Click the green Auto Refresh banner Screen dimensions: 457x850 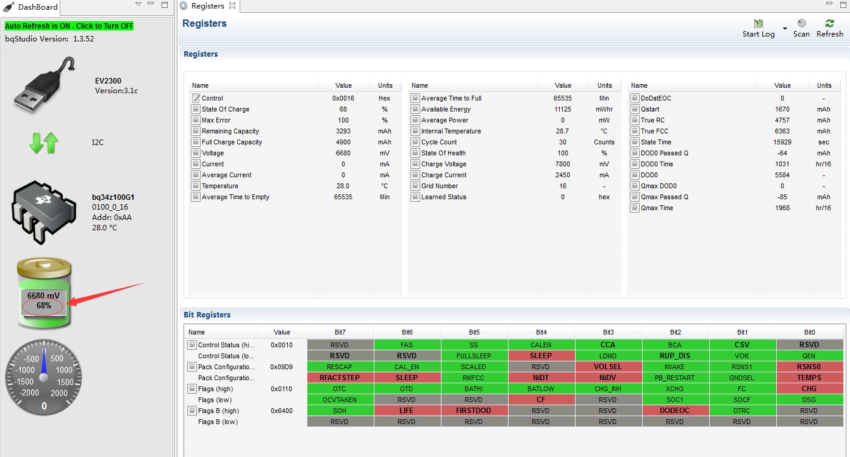(x=69, y=26)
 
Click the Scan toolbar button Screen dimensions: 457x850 (x=801, y=28)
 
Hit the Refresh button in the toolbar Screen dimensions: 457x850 (x=829, y=28)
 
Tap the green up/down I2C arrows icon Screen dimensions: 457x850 (x=44, y=143)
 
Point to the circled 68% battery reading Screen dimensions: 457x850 (x=43, y=306)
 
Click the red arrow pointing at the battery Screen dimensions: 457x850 (x=107, y=292)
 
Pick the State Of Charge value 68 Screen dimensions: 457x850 (x=343, y=109)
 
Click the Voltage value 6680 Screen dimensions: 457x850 (x=343, y=153)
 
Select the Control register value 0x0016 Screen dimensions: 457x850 (x=343, y=98)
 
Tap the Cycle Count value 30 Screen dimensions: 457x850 (x=563, y=142)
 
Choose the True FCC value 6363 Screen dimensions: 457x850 (x=782, y=131)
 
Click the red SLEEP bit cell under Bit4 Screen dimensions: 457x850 (x=541, y=356)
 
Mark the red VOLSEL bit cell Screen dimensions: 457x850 (x=608, y=367)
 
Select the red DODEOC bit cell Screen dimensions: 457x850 (x=675, y=411)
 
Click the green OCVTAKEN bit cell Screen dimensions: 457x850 (x=340, y=400)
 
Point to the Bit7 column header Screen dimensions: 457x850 (x=340, y=332)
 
